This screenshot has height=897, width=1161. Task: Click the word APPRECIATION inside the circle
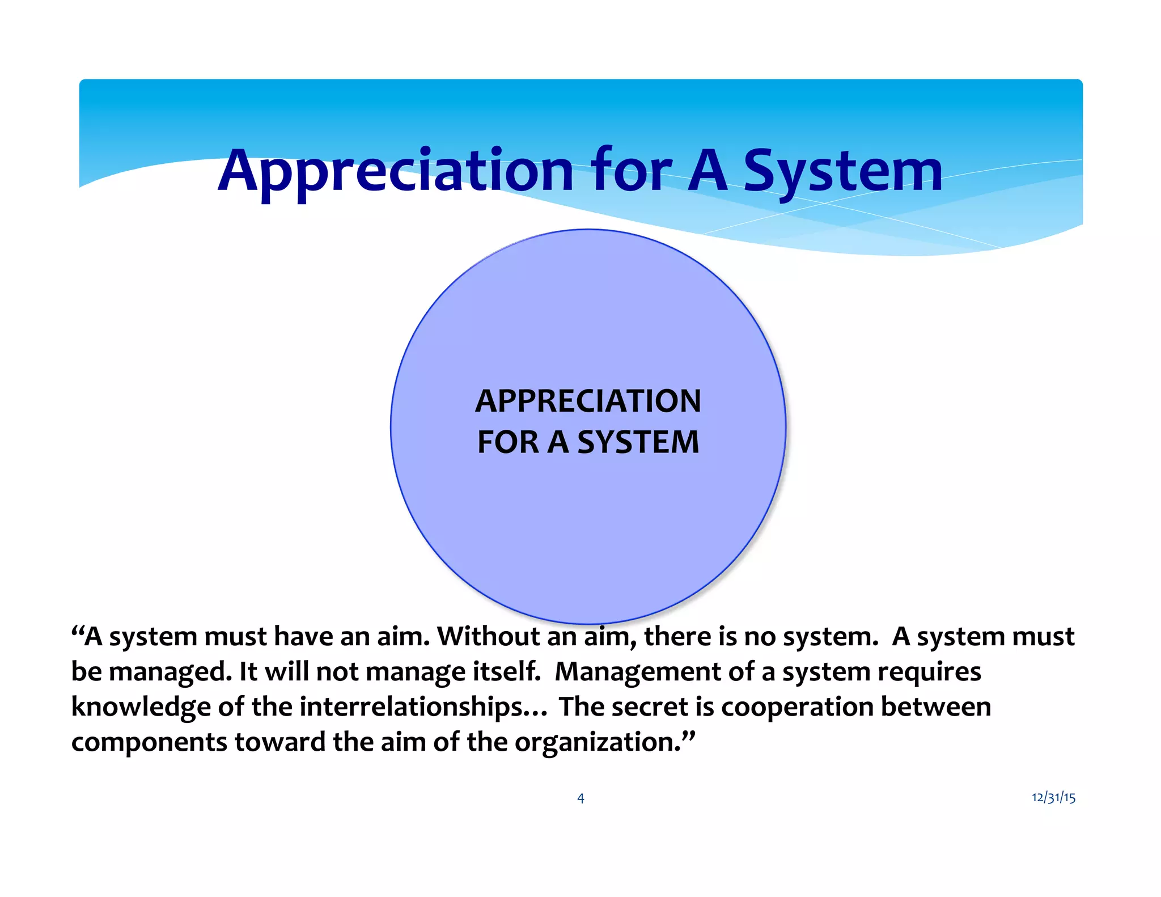coord(588,401)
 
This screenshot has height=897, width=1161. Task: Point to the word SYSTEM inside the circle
coord(638,442)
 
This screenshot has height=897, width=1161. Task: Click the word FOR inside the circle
coord(508,442)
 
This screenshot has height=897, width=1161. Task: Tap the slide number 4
coord(580,798)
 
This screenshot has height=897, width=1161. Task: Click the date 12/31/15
coord(1053,797)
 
